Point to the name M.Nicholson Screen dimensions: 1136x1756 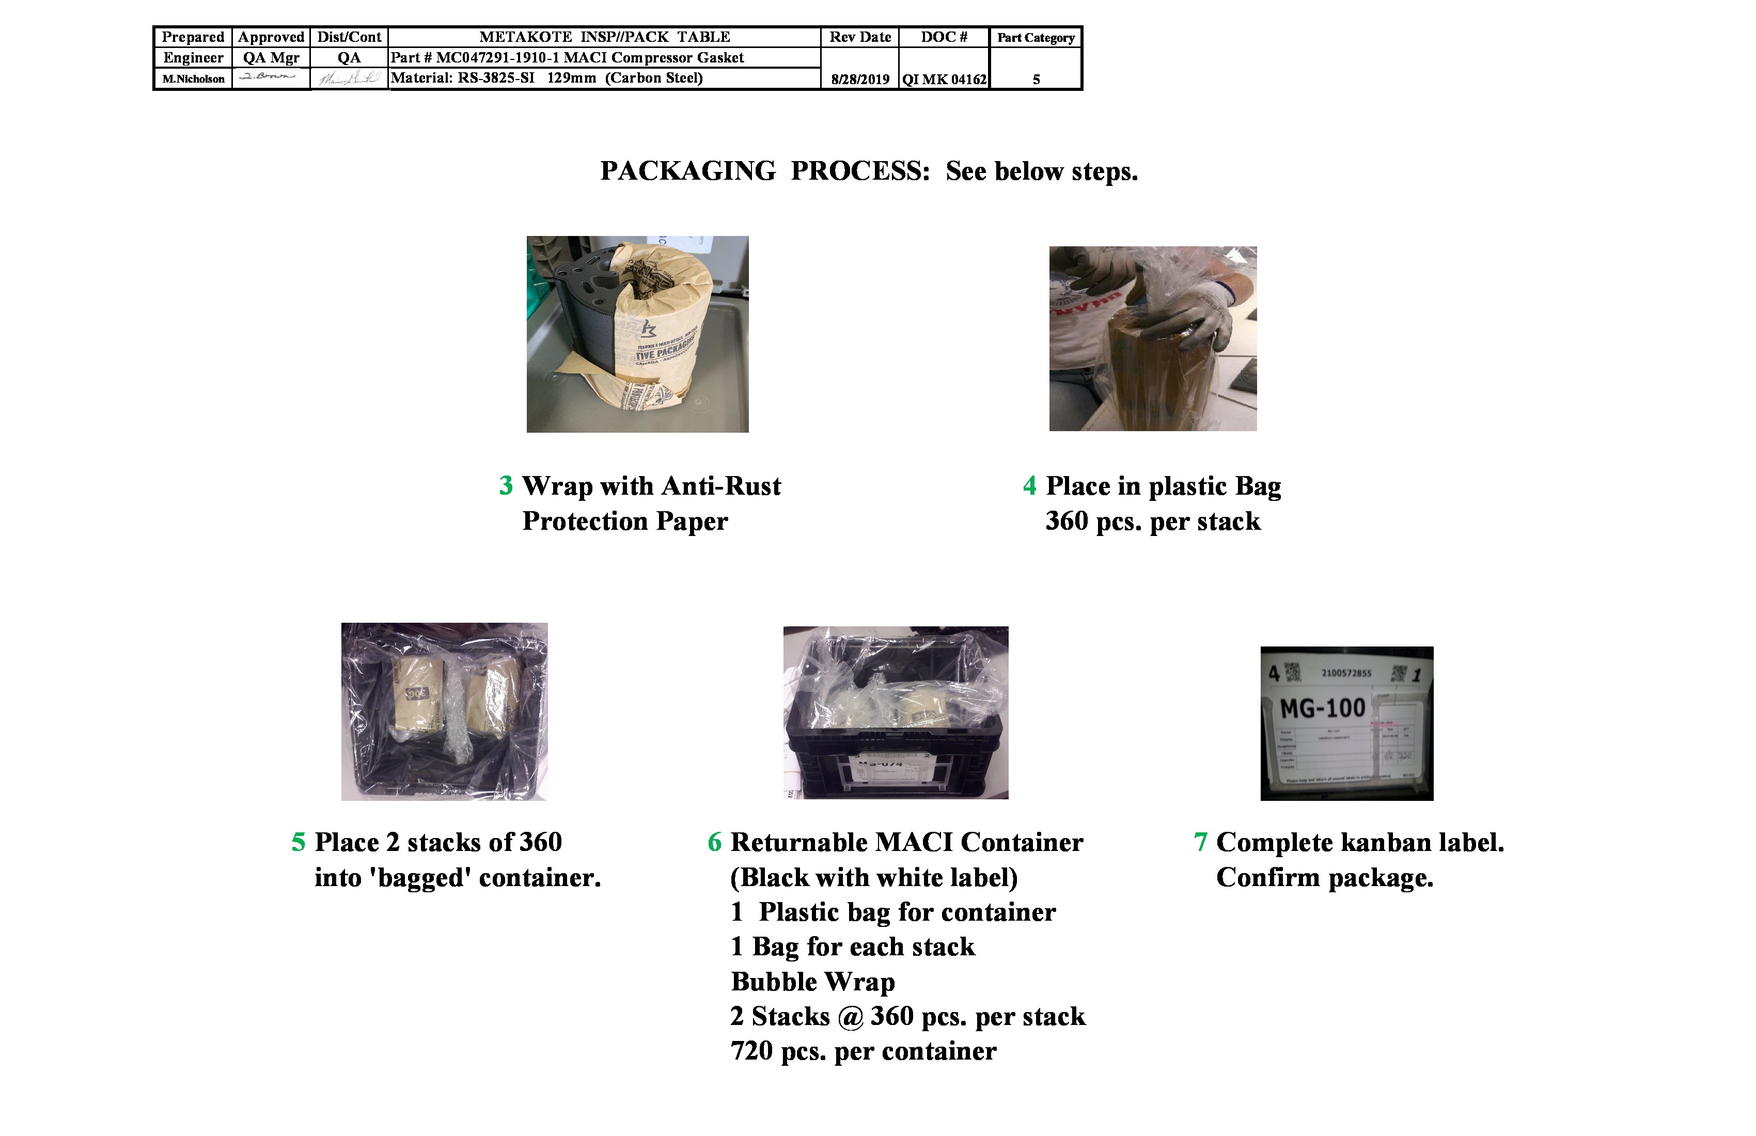pyautogui.click(x=193, y=79)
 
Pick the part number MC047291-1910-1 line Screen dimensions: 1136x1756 pyautogui.click(x=567, y=57)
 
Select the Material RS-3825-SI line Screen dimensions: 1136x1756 pyautogui.click(x=546, y=77)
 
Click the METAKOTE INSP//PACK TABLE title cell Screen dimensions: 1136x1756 pyautogui.click(x=604, y=37)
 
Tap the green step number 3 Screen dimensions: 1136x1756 pyautogui.click(x=506, y=485)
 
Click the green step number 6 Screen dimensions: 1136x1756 pyautogui.click(x=714, y=842)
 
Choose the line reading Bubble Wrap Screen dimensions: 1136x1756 pyautogui.click(x=812, y=981)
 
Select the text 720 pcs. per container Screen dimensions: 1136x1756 pyautogui.click(x=863, y=1050)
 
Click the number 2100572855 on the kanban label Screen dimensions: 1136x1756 pyautogui.click(x=1346, y=673)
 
